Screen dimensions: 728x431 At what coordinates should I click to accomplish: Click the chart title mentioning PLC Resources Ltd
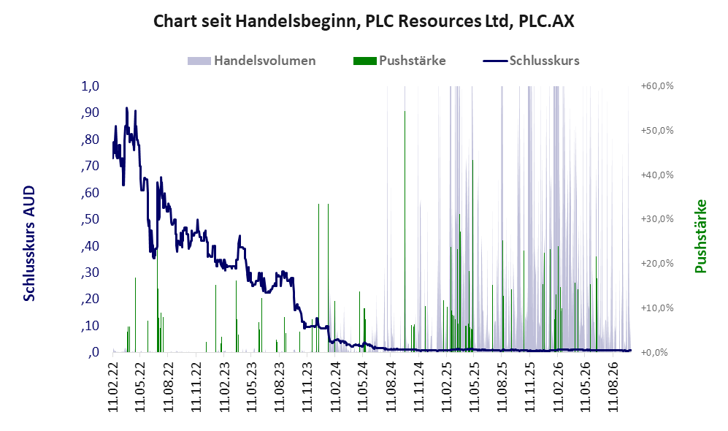click(x=364, y=21)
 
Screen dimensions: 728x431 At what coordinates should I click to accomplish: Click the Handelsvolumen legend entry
click(x=252, y=61)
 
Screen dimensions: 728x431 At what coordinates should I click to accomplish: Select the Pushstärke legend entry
click(x=399, y=61)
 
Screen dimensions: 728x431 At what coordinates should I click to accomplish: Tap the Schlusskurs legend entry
click(x=531, y=61)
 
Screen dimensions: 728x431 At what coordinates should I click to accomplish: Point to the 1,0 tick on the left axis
click(x=91, y=86)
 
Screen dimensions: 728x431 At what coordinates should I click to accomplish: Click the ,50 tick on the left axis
click(x=90, y=218)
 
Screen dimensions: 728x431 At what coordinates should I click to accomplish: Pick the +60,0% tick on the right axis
click(x=657, y=86)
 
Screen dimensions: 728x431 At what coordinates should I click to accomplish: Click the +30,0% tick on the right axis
click(x=657, y=218)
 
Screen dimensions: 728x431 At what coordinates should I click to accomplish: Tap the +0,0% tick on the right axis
click(x=655, y=352)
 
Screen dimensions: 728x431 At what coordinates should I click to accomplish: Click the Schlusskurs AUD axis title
click(x=29, y=243)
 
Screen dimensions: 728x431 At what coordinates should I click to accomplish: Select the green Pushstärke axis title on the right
click(x=700, y=236)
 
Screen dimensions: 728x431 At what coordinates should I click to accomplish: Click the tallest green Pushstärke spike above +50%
click(x=405, y=112)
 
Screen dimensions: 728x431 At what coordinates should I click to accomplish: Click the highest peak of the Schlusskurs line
click(x=127, y=108)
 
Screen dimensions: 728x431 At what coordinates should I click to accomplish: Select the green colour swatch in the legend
click(x=364, y=61)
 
